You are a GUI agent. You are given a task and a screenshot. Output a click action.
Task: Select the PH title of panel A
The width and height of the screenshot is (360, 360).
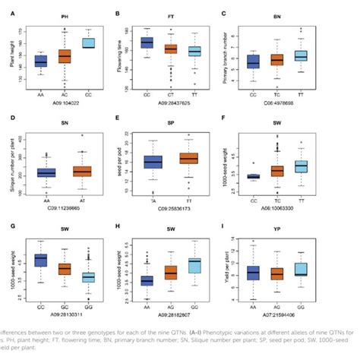64,15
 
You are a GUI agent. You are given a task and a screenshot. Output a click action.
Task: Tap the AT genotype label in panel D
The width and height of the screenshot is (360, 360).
81,193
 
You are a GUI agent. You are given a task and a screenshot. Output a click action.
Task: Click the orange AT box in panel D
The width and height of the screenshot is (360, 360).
81,171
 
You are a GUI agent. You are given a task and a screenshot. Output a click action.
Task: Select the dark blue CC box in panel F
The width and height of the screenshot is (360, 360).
253,176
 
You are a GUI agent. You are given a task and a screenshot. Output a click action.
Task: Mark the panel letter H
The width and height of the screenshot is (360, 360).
115,226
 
